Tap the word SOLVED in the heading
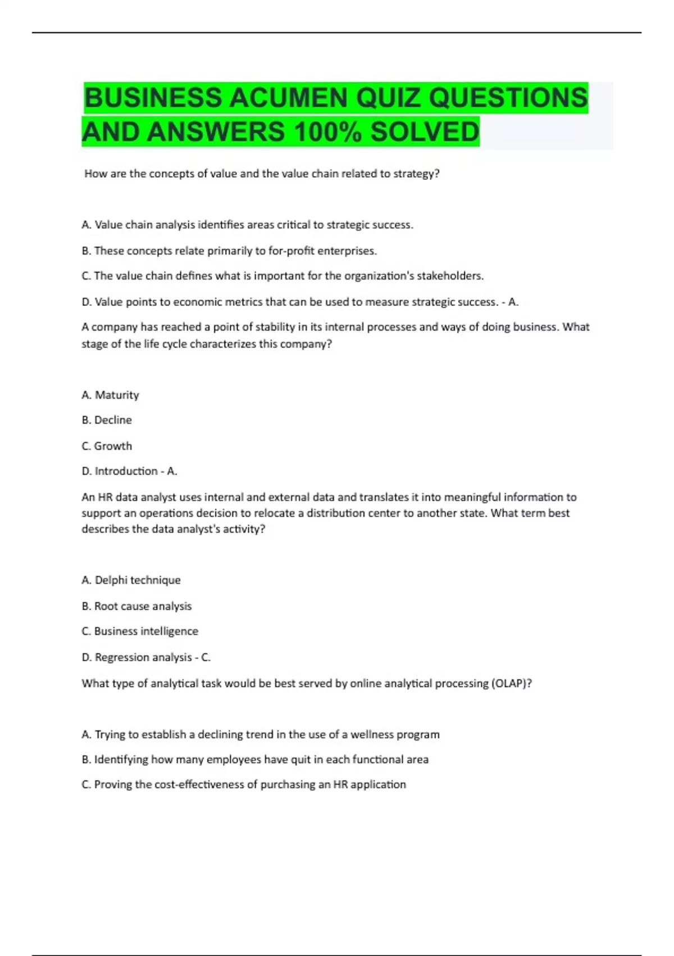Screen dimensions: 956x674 (x=425, y=132)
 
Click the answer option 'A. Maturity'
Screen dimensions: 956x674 (x=110, y=395)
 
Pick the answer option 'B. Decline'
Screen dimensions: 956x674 (x=107, y=420)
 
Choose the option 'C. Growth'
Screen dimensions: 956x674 (x=107, y=446)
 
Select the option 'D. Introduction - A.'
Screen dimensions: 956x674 (x=129, y=471)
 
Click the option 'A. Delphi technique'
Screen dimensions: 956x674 (x=131, y=580)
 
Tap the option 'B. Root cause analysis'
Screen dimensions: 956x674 (x=136, y=606)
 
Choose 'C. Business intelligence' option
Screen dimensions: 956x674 (x=140, y=631)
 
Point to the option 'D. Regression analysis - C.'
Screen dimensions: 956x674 (x=146, y=657)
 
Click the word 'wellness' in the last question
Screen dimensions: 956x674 (x=372, y=734)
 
